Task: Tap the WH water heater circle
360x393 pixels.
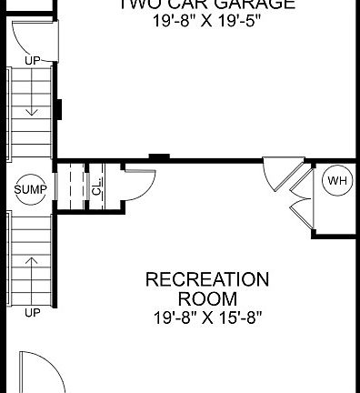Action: click(337, 181)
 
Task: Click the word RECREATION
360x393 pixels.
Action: click(207, 278)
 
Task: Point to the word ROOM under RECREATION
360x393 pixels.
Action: click(207, 298)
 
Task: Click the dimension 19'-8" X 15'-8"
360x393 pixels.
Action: click(207, 317)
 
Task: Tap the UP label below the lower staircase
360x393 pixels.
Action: click(33, 314)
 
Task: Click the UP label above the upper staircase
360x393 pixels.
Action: click(33, 62)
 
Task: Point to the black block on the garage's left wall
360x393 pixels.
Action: click(58, 108)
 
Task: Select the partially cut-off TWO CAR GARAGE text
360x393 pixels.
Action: click(207, 5)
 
